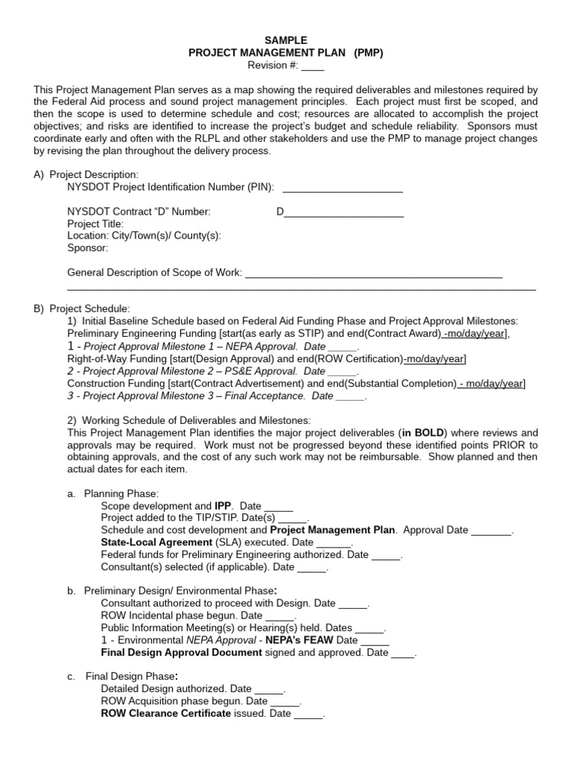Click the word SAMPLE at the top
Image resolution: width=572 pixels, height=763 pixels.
(285, 39)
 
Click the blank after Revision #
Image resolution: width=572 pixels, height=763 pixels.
(313, 66)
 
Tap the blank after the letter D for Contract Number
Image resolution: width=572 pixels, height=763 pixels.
(344, 212)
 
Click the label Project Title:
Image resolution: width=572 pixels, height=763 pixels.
(95, 224)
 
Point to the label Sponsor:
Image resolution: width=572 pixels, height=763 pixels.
(88, 247)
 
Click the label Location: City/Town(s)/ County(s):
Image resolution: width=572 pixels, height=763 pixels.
(144, 235)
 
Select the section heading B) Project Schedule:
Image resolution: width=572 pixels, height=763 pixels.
(82, 308)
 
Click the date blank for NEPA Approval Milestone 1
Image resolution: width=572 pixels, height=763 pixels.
(343, 346)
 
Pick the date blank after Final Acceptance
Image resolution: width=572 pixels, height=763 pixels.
(350, 396)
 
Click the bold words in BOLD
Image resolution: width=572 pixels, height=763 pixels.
(423, 432)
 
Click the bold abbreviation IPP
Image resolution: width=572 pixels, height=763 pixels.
(223, 506)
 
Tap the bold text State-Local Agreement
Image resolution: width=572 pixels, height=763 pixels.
(156, 542)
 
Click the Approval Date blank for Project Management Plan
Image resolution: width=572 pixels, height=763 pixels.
(492, 531)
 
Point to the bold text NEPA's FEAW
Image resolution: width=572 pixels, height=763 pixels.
(302, 640)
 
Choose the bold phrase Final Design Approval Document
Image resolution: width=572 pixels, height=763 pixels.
(181, 652)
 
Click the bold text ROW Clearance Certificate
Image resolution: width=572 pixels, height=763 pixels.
(166, 713)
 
